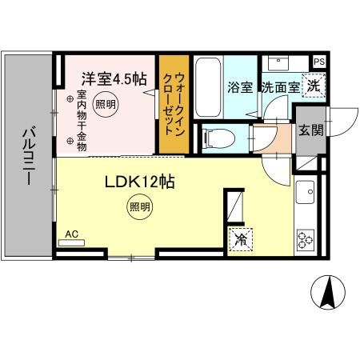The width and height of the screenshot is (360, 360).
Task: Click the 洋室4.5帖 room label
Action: (113, 78)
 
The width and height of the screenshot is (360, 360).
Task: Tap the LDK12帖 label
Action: (137, 182)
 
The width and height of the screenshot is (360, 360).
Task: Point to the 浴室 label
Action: (239, 86)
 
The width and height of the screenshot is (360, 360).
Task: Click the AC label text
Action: (71, 234)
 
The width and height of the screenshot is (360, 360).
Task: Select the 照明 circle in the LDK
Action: (139, 206)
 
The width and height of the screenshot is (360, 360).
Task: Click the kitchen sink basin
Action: (307, 191)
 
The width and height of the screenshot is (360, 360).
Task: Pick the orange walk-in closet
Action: (173, 104)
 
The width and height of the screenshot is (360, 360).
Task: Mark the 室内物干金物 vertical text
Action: (82, 120)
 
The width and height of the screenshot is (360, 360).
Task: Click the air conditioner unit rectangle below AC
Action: (71, 241)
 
